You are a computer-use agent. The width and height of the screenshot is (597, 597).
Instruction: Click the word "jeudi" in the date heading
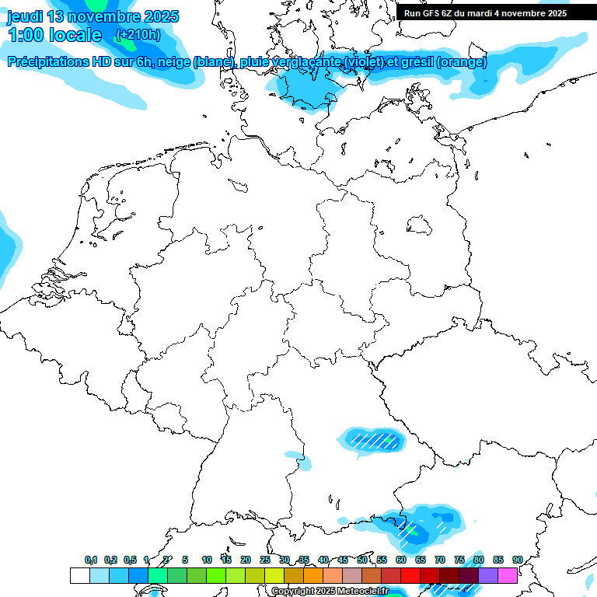25,16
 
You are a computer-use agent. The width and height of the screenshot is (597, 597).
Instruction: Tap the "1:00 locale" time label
54,35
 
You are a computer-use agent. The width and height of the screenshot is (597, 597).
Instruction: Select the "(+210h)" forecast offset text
138,35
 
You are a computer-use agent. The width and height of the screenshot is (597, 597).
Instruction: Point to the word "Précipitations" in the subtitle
48,62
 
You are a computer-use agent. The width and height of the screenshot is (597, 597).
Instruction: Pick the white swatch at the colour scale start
79,575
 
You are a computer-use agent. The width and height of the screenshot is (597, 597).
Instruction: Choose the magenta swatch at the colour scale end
508,575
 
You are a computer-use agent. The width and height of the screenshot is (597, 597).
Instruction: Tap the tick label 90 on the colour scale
517,560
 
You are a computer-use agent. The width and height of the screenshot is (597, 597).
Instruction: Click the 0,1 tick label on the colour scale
91,560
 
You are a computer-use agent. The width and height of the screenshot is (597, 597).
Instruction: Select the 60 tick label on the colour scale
401,560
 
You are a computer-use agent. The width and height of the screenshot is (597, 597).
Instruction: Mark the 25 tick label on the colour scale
265,560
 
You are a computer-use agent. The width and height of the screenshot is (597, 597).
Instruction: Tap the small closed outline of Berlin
420,225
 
